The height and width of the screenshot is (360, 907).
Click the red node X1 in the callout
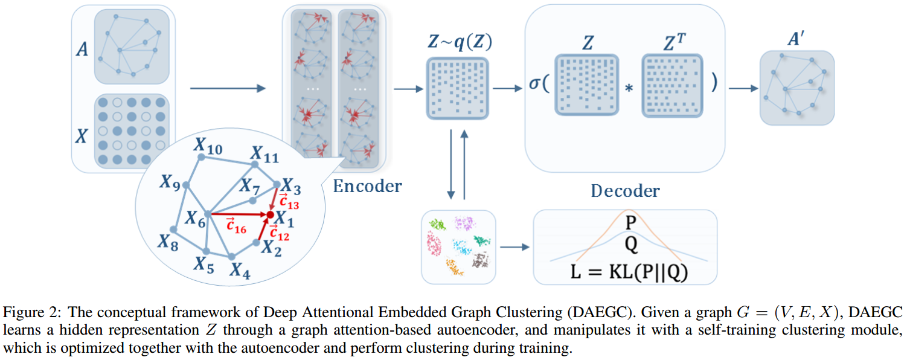(270, 214)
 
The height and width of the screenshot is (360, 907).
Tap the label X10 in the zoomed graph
(208, 146)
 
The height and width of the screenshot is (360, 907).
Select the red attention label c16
(236, 225)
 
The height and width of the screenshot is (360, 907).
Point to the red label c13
(289, 201)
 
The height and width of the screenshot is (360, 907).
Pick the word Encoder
(367, 186)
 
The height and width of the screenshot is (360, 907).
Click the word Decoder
(625, 191)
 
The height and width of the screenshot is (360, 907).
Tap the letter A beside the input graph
(82, 50)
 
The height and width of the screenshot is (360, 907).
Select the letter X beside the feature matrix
(82, 136)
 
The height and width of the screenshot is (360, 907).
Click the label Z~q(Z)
(460, 42)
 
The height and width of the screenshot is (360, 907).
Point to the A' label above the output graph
(796, 39)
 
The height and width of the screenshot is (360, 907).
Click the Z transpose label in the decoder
(675, 42)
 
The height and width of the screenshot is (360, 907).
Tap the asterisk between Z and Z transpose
(629, 88)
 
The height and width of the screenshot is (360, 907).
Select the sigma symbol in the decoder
(534, 83)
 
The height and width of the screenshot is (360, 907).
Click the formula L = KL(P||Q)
(629, 272)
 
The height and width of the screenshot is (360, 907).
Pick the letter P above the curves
(631, 222)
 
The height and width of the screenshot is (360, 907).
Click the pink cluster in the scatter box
(434, 244)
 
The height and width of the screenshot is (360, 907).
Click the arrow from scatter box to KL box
(514, 247)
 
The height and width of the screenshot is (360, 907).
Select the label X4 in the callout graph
(240, 270)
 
